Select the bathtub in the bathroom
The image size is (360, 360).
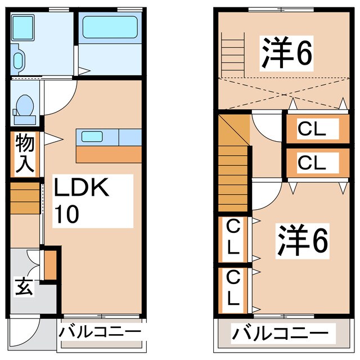(x=110, y=27)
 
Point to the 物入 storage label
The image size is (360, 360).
(x=25, y=153)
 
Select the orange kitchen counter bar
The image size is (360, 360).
(x=109, y=153)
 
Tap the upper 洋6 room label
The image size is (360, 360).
(x=286, y=53)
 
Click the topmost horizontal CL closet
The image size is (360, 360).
(x=313, y=129)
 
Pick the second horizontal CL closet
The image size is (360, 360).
(x=313, y=163)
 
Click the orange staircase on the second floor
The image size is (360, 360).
(x=234, y=163)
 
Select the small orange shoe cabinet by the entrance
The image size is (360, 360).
(x=49, y=265)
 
